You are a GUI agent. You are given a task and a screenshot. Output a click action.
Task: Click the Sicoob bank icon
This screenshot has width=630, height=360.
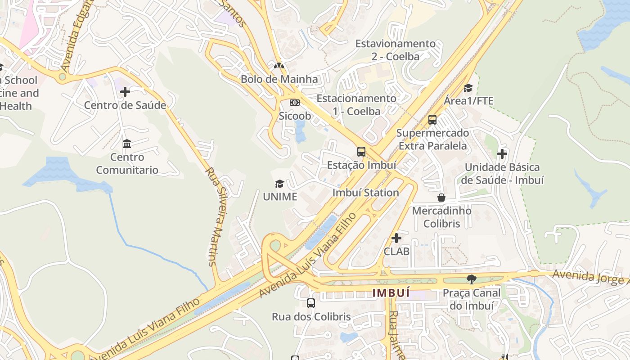click(x=295, y=103)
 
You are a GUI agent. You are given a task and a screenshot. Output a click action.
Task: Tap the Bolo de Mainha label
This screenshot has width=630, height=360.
click(x=279, y=79)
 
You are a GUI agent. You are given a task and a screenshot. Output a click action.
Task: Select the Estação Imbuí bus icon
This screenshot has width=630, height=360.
click(x=361, y=151)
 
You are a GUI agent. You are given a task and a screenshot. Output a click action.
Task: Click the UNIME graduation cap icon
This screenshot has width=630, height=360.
click(x=279, y=184)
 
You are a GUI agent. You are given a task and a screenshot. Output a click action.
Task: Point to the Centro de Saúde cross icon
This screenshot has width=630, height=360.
click(x=125, y=92)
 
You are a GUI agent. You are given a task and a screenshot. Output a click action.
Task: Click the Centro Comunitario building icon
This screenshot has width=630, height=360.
click(x=127, y=144)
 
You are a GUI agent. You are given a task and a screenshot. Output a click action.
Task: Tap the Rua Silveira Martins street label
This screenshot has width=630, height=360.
click(x=217, y=216)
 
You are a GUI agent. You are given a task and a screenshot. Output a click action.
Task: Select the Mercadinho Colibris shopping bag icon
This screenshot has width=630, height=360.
click(x=441, y=198)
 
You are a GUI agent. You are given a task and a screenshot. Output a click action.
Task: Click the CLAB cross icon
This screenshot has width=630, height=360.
click(x=396, y=238)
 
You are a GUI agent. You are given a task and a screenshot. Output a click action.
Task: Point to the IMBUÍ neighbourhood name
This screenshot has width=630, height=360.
click(x=391, y=293)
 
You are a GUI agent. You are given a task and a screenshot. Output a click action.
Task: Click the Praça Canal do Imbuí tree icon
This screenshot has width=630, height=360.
click(x=471, y=279)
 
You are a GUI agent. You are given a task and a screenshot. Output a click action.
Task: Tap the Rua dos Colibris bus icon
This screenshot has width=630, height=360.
click(x=310, y=303)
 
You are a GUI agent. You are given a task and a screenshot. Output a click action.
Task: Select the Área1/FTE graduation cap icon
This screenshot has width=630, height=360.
click(x=468, y=88)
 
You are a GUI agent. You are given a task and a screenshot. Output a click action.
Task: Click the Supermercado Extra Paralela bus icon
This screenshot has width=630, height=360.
click(x=432, y=120)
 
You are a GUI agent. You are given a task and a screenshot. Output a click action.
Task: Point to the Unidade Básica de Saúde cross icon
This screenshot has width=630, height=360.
click(x=502, y=154)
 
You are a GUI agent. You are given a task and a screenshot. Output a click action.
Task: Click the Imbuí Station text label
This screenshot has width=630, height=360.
click(x=365, y=193)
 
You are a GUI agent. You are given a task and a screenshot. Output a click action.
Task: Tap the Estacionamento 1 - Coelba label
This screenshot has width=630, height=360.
click(x=356, y=104)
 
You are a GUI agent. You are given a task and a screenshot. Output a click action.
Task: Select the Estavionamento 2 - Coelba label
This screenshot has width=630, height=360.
click(x=396, y=50)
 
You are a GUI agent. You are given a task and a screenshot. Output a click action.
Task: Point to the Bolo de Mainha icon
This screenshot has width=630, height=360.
click(x=279, y=66)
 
